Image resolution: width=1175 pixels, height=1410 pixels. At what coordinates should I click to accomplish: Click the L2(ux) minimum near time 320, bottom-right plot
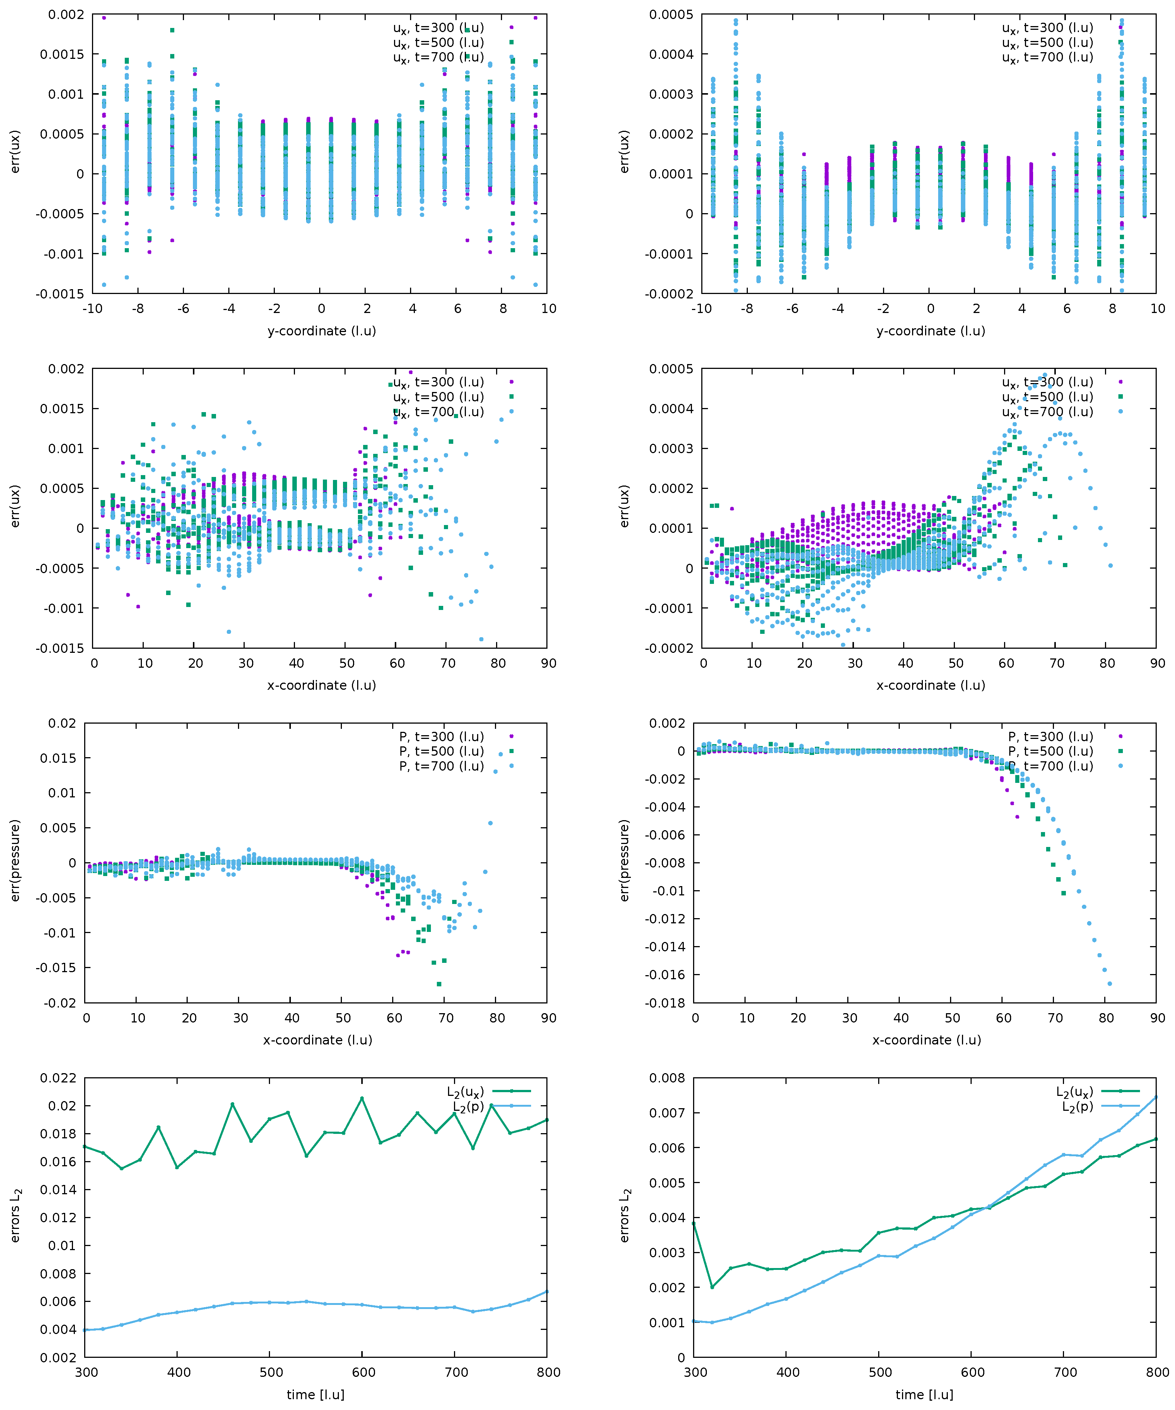click(712, 1287)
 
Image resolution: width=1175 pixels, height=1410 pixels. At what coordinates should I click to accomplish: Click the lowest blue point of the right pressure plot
click(1109, 984)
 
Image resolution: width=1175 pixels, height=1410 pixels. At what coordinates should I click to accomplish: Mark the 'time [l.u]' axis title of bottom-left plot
click(315, 1395)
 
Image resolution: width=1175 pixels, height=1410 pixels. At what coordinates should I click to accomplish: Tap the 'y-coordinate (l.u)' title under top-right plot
click(930, 331)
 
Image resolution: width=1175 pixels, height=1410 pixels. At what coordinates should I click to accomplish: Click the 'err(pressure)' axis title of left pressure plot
click(15, 860)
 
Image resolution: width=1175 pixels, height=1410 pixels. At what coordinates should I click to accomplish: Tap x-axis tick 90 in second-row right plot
click(1157, 663)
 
